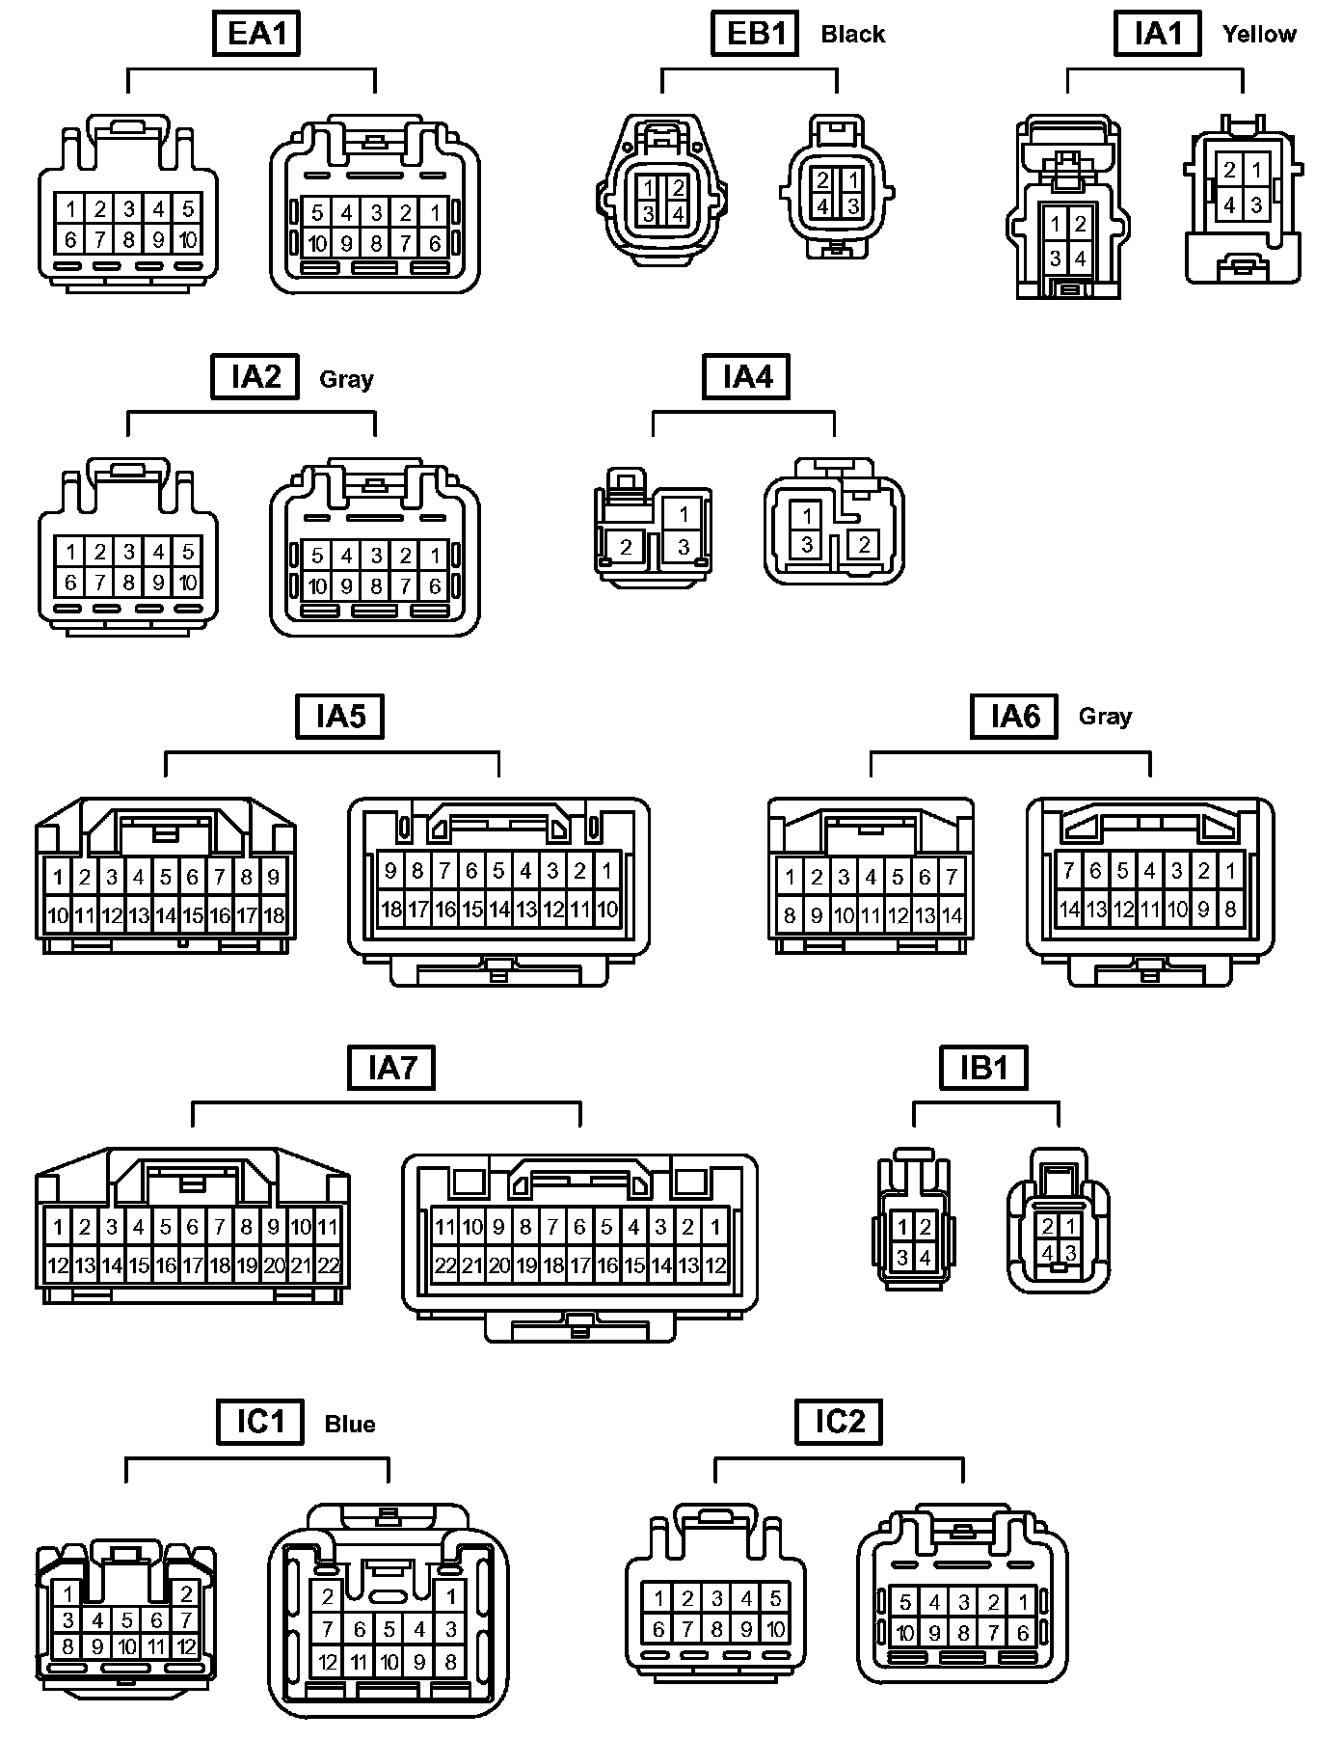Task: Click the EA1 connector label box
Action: point(256,34)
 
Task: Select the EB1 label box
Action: point(756,34)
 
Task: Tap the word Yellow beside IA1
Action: point(1259,34)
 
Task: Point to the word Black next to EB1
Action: point(852,35)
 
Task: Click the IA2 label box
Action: point(255,376)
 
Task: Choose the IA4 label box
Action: point(746,376)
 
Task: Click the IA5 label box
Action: point(339,717)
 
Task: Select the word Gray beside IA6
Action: point(1105,717)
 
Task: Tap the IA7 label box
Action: point(391,1068)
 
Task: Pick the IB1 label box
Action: point(983,1068)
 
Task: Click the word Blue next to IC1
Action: point(349,1425)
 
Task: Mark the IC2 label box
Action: point(839,1422)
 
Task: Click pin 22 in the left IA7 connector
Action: point(328,1265)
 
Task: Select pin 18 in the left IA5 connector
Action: point(274,914)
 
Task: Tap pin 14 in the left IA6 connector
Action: point(952,914)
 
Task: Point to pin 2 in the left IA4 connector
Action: point(626,548)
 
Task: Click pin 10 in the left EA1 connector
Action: point(187,239)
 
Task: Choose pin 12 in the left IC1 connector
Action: point(187,1646)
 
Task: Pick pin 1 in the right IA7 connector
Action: point(714,1228)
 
